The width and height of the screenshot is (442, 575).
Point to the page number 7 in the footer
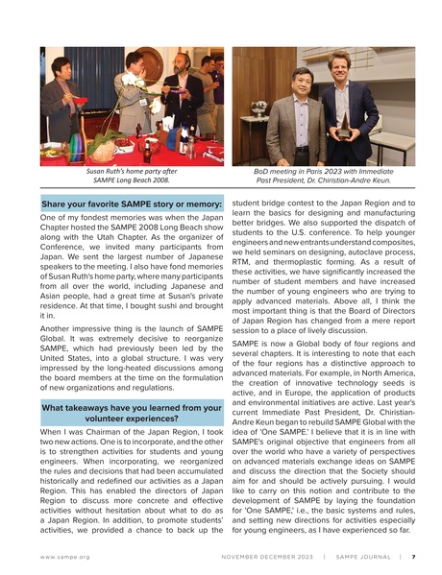[x=413, y=555]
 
